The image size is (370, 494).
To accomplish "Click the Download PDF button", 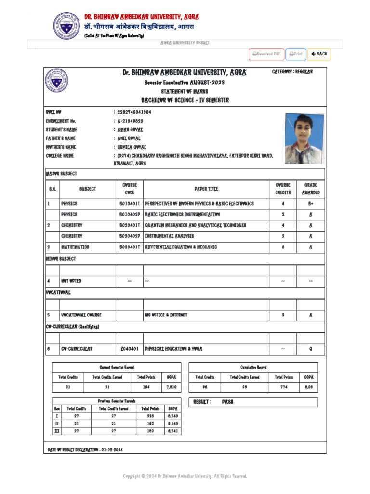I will coord(266,54).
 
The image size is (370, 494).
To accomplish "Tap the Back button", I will coord(319,54).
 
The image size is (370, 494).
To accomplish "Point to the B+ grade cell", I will coord(311,204).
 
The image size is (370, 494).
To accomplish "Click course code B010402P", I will coord(130,214).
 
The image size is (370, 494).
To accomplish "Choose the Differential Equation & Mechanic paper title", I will coord(181,247).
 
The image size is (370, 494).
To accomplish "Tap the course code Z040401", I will coord(130,349).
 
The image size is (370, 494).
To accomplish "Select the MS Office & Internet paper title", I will coord(166,315).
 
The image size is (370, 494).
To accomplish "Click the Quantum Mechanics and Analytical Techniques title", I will coord(196,225).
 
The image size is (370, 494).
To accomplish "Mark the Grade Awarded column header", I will coord(311,189).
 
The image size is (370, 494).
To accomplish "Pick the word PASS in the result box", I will coord(227,402).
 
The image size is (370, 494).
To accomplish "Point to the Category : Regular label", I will coord(292,72).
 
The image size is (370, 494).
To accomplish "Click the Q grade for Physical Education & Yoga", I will coord(311,349).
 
